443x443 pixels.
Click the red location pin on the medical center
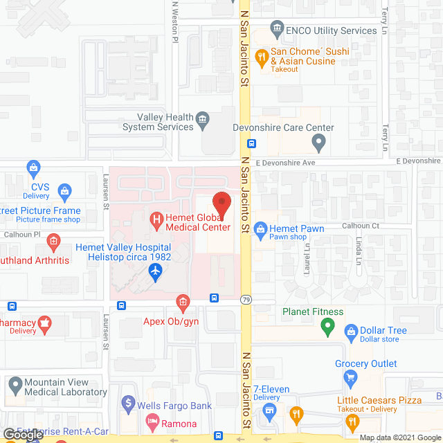tap(221, 203)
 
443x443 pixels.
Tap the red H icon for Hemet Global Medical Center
tap(156, 221)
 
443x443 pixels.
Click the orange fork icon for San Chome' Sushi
tap(262, 59)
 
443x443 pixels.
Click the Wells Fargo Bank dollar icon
tap(127, 401)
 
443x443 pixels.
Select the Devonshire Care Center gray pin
tap(318, 143)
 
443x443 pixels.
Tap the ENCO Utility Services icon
tap(278, 30)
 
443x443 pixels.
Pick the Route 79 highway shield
tap(246, 299)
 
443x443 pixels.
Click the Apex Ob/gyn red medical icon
tap(183, 302)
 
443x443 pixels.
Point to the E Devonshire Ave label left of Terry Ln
tap(285, 163)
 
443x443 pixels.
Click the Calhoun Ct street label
tap(361, 226)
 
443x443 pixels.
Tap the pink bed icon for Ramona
tap(152, 420)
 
